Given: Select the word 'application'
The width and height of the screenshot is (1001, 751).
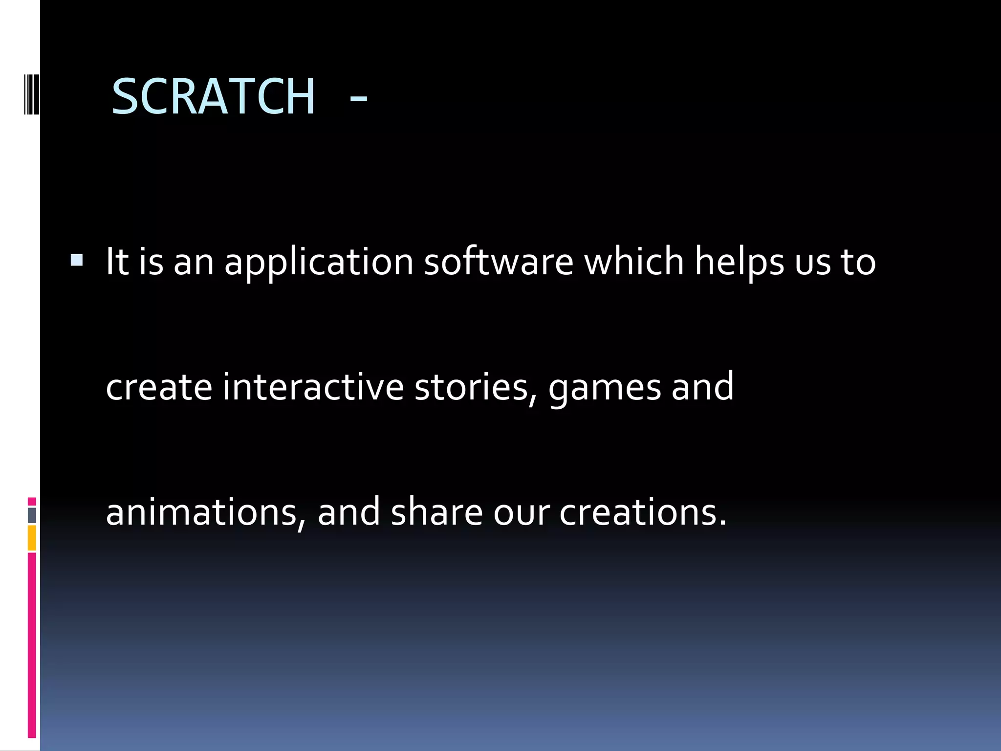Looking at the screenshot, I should tap(319, 263).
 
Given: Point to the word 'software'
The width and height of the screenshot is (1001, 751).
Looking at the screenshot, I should tap(499, 262).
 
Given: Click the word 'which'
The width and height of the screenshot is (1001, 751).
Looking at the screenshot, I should tap(634, 262).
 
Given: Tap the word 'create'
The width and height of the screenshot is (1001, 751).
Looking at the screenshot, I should tap(159, 387).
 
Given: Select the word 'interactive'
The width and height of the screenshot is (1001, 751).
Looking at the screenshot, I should tap(313, 387).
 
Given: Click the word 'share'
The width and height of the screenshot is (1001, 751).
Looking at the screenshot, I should tap(437, 511).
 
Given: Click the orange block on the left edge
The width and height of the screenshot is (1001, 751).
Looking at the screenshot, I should tap(32, 538).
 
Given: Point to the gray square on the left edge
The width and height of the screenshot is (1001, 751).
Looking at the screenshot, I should tap(32, 515).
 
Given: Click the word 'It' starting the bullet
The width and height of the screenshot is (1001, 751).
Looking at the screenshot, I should tap(117, 262).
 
